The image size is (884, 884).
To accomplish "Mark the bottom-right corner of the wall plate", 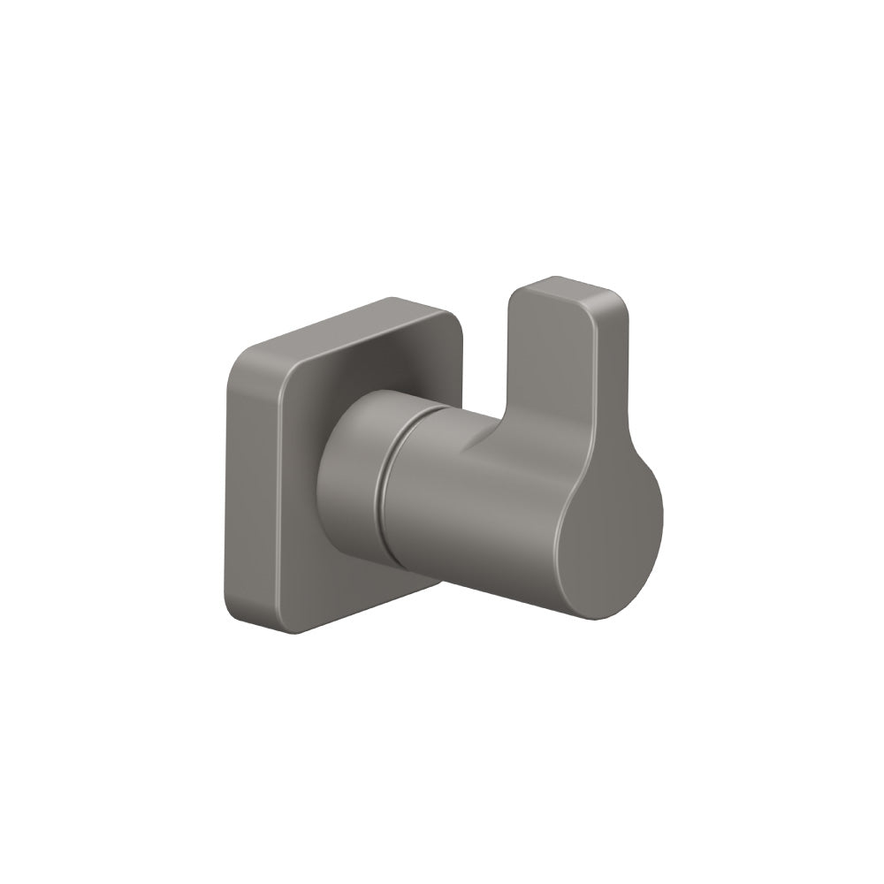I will [x=433, y=583].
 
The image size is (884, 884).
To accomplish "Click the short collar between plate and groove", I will [x=349, y=477].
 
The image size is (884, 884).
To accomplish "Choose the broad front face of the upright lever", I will [x=557, y=371].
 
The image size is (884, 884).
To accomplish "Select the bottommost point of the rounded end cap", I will [x=601, y=618].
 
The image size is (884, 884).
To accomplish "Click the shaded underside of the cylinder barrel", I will [x=477, y=579].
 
